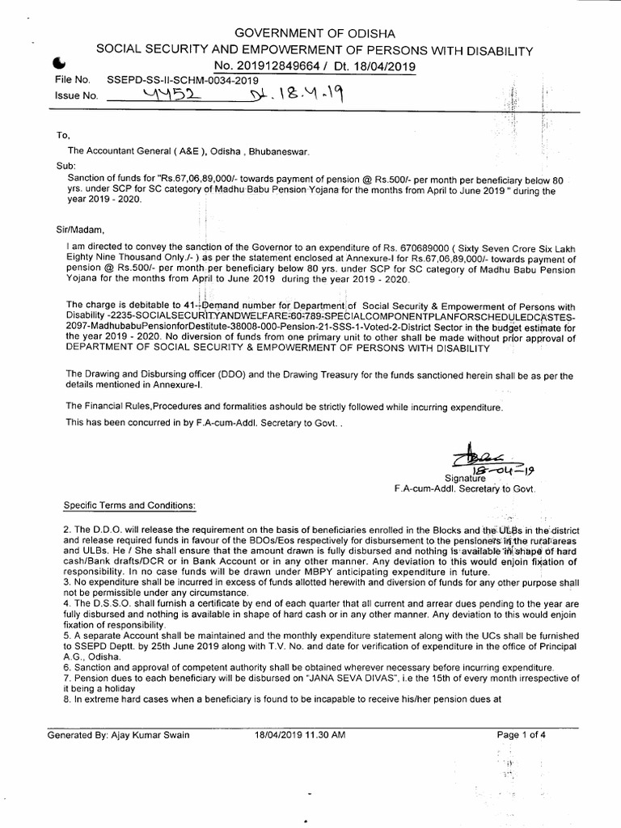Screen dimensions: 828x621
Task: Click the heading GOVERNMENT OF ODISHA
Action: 315,33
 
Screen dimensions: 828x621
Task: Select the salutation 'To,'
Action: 53,135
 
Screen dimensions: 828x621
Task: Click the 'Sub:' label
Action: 55,164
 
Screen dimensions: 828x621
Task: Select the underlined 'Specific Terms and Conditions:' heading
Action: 129,505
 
